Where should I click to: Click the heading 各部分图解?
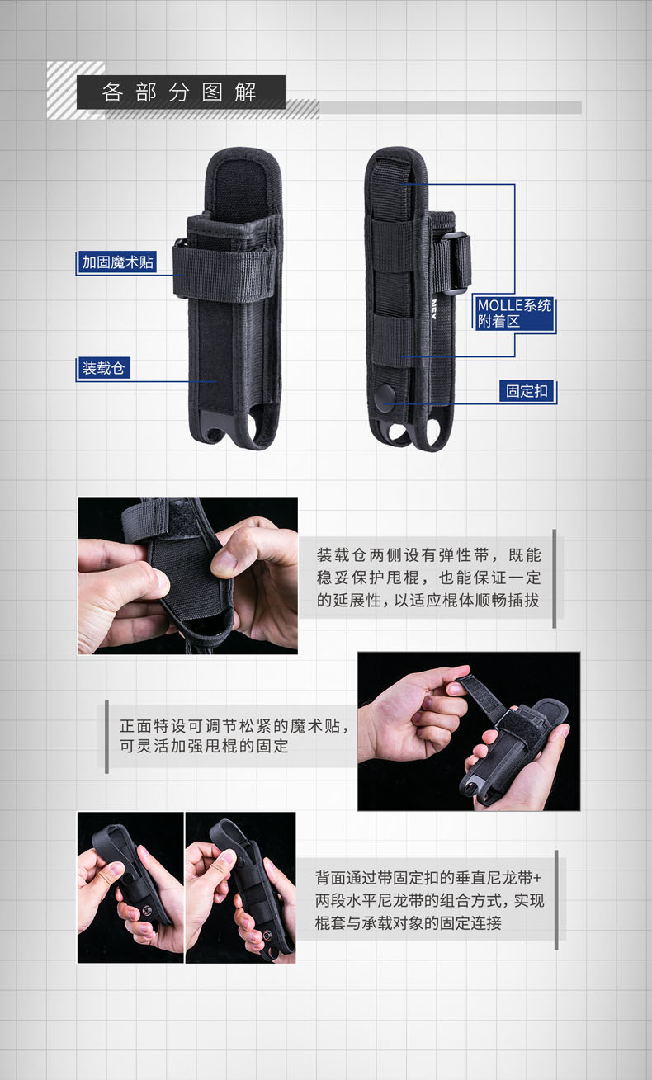coord(179,92)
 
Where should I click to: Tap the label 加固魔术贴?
coord(117,262)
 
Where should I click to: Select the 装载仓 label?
coord(103,368)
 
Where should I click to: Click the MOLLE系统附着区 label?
coord(514,313)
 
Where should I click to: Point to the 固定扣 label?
coord(527,390)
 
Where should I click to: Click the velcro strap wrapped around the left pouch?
coord(225,273)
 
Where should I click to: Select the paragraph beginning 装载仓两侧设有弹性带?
coord(428,578)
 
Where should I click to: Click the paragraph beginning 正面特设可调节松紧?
coord(234,736)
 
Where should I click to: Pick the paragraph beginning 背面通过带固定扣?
coord(429,900)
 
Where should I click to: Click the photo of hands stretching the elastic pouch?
coord(187,576)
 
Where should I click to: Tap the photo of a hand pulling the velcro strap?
coord(469,731)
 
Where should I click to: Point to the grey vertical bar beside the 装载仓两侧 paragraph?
coord(554,578)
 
